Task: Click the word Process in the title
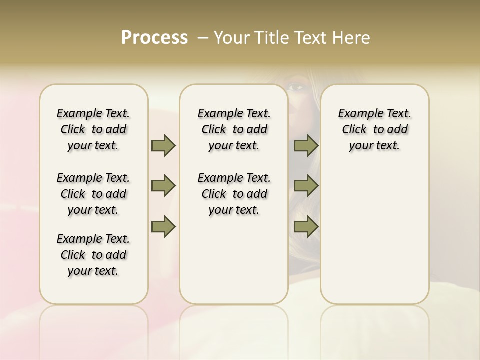[154, 37]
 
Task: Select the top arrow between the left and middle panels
[163, 145]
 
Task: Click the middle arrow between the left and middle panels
[163, 186]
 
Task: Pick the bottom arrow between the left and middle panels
[163, 226]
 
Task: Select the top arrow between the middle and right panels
[306, 145]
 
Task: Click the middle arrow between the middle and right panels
[306, 186]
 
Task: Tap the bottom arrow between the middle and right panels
[306, 226]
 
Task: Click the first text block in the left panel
[93, 129]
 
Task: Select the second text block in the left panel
[93, 194]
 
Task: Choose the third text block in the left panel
[93, 255]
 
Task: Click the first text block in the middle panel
[234, 129]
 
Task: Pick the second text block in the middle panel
[234, 194]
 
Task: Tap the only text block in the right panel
[374, 129]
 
